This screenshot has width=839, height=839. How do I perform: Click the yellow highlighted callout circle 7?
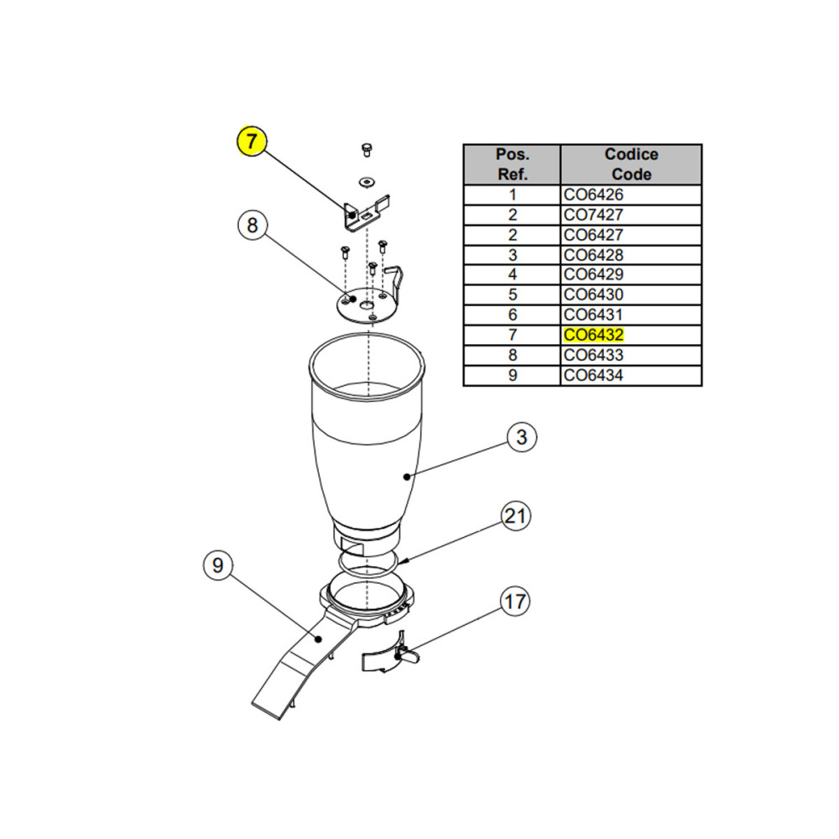(x=252, y=141)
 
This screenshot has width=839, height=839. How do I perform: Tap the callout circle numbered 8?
(x=252, y=225)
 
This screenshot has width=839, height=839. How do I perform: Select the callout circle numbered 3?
(x=522, y=437)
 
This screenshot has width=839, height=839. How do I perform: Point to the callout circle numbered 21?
(x=515, y=516)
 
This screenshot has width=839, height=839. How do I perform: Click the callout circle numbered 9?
(x=218, y=565)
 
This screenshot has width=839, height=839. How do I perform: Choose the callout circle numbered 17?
(x=515, y=602)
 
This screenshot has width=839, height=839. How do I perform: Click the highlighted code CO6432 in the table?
(x=593, y=335)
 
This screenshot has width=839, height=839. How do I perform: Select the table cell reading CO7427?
(x=631, y=215)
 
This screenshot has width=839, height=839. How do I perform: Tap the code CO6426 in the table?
(x=593, y=195)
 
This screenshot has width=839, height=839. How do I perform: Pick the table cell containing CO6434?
(x=631, y=376)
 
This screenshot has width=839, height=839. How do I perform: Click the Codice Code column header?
(x=631, y=164)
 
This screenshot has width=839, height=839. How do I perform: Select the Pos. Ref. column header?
(x=512, y=164)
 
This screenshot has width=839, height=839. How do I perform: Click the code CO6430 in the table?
(x=593, y=294)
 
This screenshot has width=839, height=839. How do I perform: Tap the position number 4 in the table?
(x=513, y=274)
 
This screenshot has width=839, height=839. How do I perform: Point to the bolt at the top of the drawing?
(x=367, y=149)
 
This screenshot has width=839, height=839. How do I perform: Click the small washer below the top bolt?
(x=367, y=182)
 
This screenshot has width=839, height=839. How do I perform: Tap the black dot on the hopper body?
(x=407, y=477)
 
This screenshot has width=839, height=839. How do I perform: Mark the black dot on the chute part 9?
(x=318, y=638)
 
